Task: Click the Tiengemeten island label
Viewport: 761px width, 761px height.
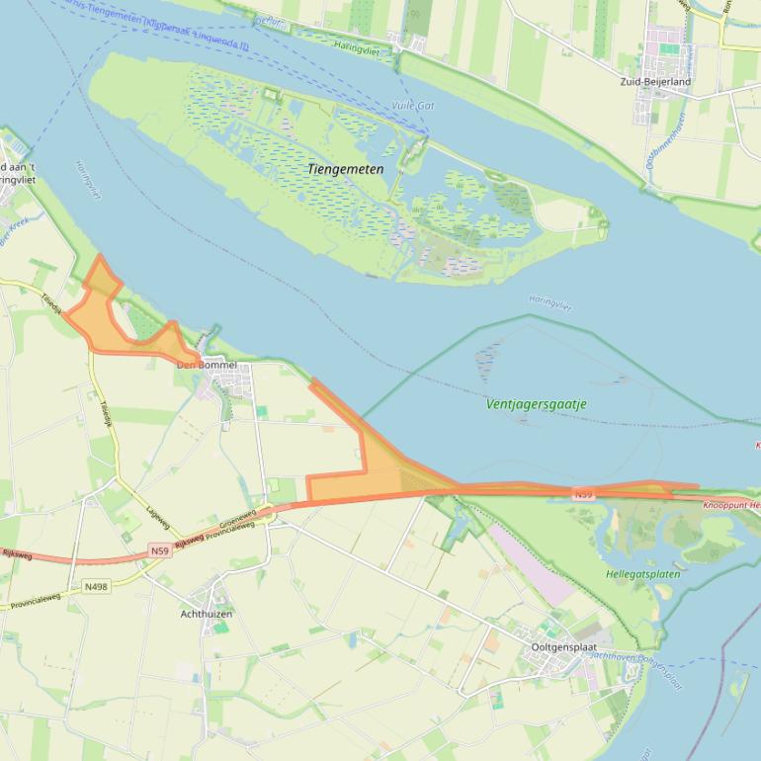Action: [345, 170]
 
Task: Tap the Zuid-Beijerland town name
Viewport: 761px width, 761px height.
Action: [655, 81]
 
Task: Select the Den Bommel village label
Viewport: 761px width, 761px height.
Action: [207, 365]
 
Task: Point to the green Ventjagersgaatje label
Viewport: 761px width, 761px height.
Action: [537, 404]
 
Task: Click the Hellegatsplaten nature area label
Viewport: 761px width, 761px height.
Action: [642, 574]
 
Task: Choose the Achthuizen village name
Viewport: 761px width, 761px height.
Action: [206, 614]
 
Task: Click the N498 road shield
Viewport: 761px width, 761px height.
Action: [96, 586]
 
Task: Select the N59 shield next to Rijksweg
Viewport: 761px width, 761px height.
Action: [160, 550]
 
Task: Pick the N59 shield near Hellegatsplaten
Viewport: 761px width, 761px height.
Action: [583, 493]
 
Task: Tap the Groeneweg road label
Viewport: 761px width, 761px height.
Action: [237, 516]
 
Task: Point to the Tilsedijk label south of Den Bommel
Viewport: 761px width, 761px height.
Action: [106, 414]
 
